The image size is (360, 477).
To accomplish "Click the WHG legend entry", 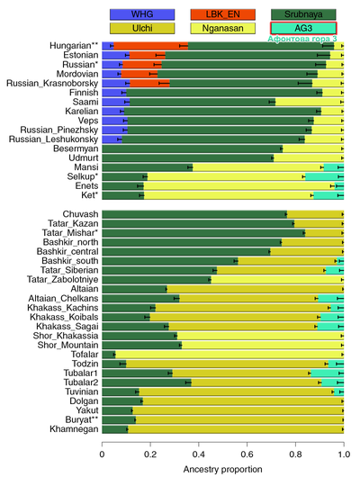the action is click(x=142, y=14).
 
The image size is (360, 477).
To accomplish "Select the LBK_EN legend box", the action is click(x=223, y=14).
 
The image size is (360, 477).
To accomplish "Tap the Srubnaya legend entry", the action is click(x=303, y=14).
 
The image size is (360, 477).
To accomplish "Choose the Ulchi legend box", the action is click(x=142, y=28).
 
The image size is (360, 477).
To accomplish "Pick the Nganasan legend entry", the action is click(x=223, y=28).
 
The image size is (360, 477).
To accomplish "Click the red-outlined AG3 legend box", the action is click(x=303, y=28).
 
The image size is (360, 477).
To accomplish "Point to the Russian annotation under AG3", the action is click(x=302, y=39).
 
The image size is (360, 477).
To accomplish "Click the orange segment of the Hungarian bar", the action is click(x=150, y=46).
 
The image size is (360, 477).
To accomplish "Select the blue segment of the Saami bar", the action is click(x=116, y=102).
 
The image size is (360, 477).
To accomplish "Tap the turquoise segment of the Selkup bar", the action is click(x=324, y=176).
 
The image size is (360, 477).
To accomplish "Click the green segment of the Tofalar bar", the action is click(x=109, y=355).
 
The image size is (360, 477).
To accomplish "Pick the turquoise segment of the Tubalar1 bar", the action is click(x=327, y=373).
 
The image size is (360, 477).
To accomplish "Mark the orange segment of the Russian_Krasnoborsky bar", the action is click(x=149, y=84).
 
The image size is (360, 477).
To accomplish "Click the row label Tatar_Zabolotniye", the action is click(x=62, y=280).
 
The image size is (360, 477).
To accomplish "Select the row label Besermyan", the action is click(x=76, y=148).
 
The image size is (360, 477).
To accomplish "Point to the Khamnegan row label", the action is click(x=74, y=429).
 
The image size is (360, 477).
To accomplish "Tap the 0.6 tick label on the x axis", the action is click(x=247, y=454).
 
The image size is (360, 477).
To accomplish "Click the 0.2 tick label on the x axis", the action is click(x=150, y=454).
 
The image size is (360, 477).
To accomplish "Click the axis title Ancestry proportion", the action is click(x=223, y=470).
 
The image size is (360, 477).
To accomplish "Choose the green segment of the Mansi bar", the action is click(x=148, y=167).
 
